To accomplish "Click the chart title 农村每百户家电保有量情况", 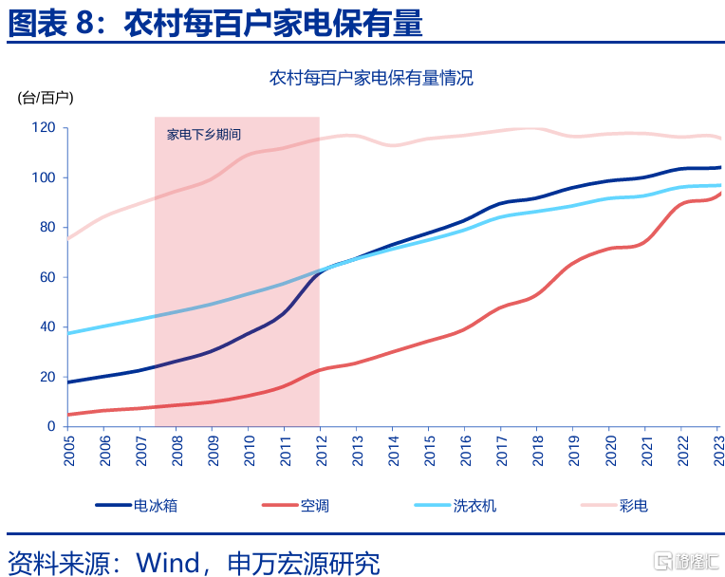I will point(371,78).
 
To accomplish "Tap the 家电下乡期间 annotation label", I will point(203,135).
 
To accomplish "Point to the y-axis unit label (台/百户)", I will point(46,97).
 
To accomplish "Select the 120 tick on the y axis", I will point(44,128).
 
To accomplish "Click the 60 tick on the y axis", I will point(47,277).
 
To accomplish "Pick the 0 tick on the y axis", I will point(51,426).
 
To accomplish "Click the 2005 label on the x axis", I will point(69,452).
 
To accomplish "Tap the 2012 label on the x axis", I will point(320,452).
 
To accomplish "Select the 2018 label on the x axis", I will point(536,452).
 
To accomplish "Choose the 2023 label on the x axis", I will point(717,452).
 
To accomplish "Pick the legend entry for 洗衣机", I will point(474,506).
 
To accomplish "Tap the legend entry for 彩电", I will point(633,506).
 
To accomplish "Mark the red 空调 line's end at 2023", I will point(719,194).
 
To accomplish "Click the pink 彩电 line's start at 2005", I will point(68,238).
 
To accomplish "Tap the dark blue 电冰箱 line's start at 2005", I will point(68,382).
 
